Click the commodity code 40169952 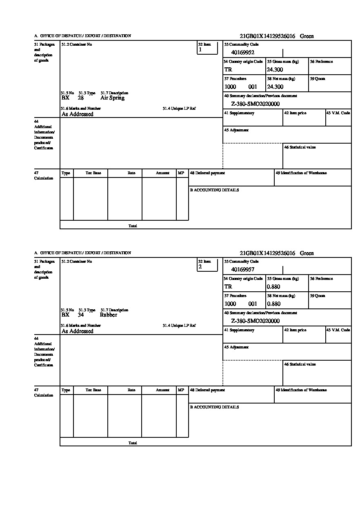pos(243,52)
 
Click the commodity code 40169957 pos(243,269)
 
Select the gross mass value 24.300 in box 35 pos(275,69)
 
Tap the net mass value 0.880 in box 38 pos(274,304)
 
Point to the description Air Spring pos(112,98)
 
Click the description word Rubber pos(109,315)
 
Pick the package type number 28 pos(81,98)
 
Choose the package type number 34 pos(81,315)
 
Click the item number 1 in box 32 pos(200,50)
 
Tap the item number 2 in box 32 pos(200,267)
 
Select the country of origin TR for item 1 pos(228,69)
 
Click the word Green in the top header pos(307,36)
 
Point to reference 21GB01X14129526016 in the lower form pos(267,253)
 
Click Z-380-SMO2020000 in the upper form pos(256,104)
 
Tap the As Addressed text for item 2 pos(78,331)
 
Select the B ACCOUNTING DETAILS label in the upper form pos(214,190)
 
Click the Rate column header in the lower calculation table pos(131,390)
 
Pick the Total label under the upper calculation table pos(133,226)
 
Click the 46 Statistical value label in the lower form pos(300,364)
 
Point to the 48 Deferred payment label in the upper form pos(207,173)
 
